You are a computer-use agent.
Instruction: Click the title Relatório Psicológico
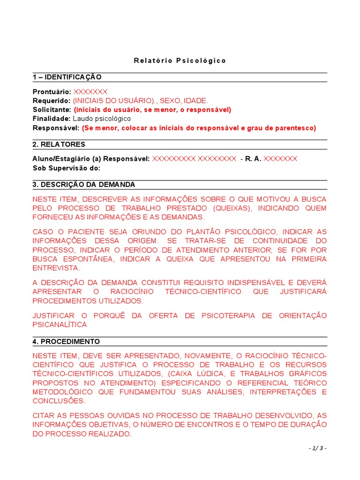180,60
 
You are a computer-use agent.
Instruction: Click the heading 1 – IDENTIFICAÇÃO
67,77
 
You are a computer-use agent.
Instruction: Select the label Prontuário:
52,91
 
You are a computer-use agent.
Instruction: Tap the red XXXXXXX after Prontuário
90,91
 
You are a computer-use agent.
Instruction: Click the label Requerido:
52,100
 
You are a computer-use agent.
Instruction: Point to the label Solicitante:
52,110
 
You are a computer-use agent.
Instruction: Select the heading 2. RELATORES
59,144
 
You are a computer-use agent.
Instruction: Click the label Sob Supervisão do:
67,168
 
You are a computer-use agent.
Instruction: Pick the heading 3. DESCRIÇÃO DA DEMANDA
84,184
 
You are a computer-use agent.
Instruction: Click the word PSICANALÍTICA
60,324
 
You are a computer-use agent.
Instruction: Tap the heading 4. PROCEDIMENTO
66,341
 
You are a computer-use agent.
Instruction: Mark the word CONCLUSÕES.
59,401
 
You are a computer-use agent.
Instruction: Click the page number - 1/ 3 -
317,449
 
